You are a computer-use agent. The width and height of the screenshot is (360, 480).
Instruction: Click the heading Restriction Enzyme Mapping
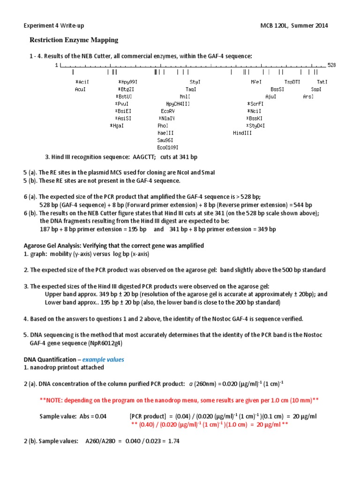(74, 40)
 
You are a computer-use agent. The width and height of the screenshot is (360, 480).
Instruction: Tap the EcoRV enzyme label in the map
(167, 111)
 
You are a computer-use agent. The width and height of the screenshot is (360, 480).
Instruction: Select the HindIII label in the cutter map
(242, 133)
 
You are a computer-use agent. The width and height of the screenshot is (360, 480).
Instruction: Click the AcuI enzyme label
(80, 89)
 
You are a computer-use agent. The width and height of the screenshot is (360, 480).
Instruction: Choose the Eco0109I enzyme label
(168, 147)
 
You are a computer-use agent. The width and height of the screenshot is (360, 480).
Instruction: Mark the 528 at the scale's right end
(332, 65)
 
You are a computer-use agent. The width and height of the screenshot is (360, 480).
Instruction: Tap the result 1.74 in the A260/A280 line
(173, 441)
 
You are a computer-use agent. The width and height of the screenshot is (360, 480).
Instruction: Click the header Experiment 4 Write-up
(54, 25)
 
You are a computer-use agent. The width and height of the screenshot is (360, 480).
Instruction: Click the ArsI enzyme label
(308, 97)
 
